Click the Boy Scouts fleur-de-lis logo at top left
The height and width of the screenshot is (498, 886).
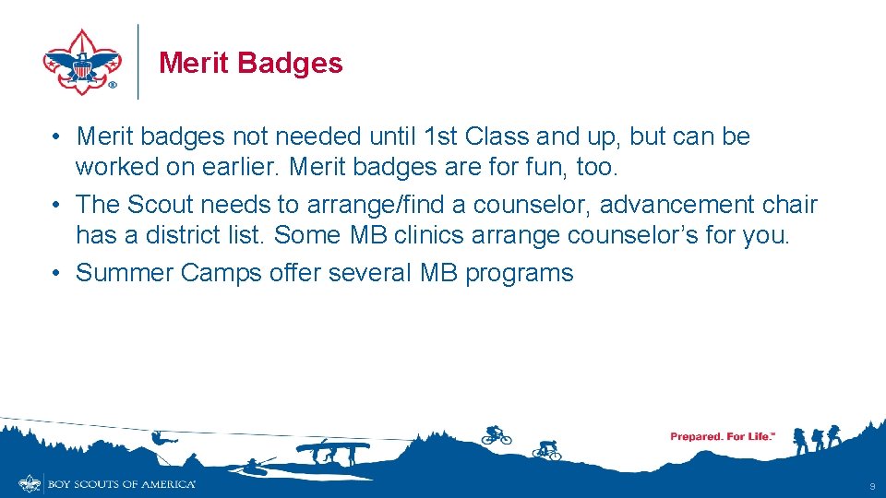[x=82, y=61]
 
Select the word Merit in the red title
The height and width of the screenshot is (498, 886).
[x=194, y=63]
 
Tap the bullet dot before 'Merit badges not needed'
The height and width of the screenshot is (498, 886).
[x=57, y=137]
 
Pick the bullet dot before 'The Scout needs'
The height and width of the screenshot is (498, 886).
[x=57, y=204]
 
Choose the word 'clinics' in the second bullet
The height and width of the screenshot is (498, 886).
[x=429, y=234]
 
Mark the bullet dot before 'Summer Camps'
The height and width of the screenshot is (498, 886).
[x=57, y=273]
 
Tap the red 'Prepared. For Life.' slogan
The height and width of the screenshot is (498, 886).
[x=722, y=436]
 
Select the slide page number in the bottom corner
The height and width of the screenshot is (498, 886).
[x=871, y=486]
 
